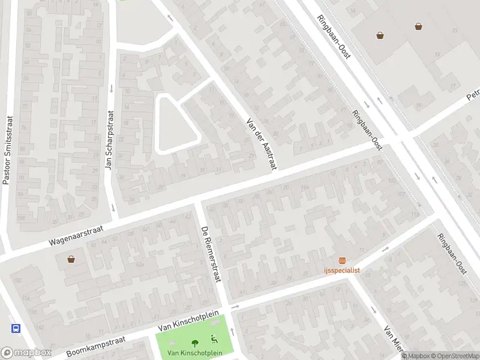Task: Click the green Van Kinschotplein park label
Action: (x=194, y=353)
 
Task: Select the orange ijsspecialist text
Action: (x=342, y=270)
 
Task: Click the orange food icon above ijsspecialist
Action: (x=342, y=260)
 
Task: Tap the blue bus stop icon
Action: (x=16, y=328)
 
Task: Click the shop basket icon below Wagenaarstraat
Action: (x=71, y=260)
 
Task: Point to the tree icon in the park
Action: (x=194, y=341)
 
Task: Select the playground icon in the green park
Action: (x=214, y=339)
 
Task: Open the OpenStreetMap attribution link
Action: (x=455, y=356)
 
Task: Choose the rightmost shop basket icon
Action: (x=418, y=26)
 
